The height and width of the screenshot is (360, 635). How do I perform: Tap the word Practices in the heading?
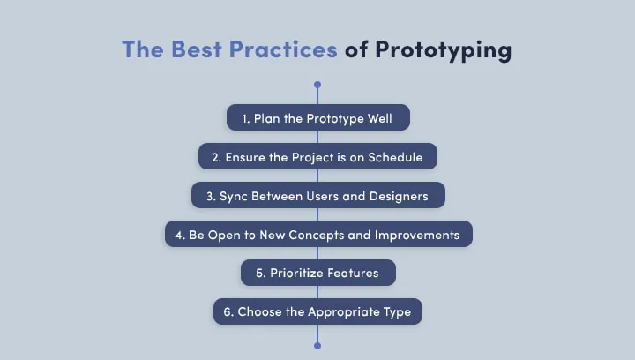click(283, 49)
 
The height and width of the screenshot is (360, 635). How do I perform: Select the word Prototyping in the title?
click(443, 49)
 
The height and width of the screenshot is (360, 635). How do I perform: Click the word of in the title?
click(356, 49)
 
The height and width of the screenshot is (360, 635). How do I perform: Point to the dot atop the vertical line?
click(317, 86)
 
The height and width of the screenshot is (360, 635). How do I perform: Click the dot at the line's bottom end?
click(317, 345)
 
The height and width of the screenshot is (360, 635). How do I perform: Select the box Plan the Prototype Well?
click(317, 118)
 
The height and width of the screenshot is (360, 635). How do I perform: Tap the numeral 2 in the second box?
click(215, 157)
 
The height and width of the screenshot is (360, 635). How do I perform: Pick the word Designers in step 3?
click(398, 196)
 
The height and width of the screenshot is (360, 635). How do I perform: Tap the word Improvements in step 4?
click(417, 235)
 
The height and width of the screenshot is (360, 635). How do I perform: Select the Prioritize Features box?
click(317, 273)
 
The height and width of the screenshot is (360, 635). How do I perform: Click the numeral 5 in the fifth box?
click(259, 273)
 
